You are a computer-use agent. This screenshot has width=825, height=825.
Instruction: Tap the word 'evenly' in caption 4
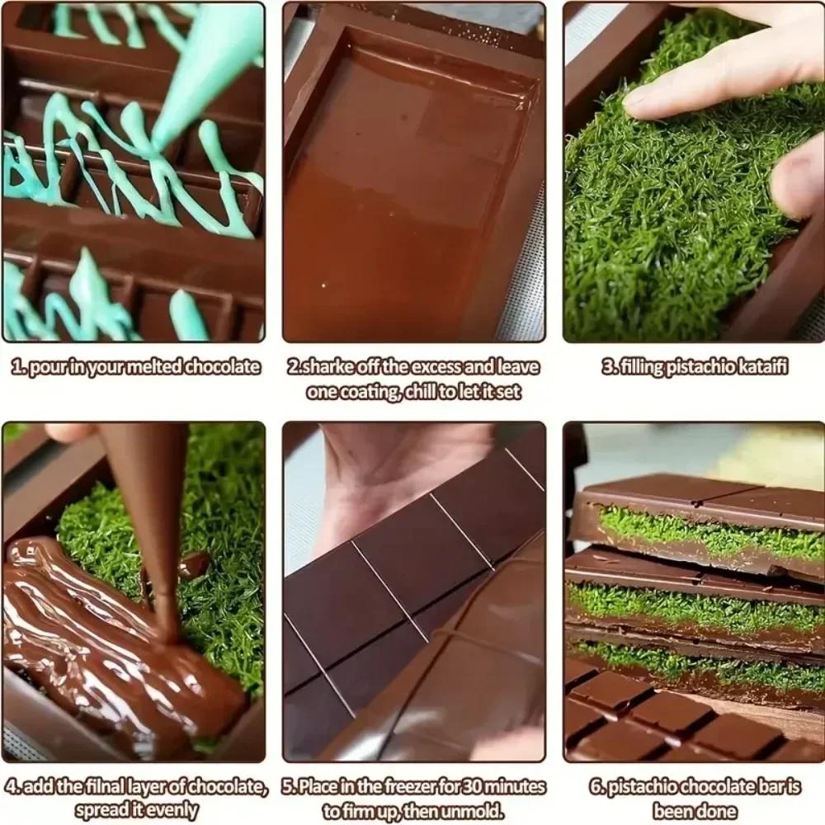[x=170, y=810]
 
